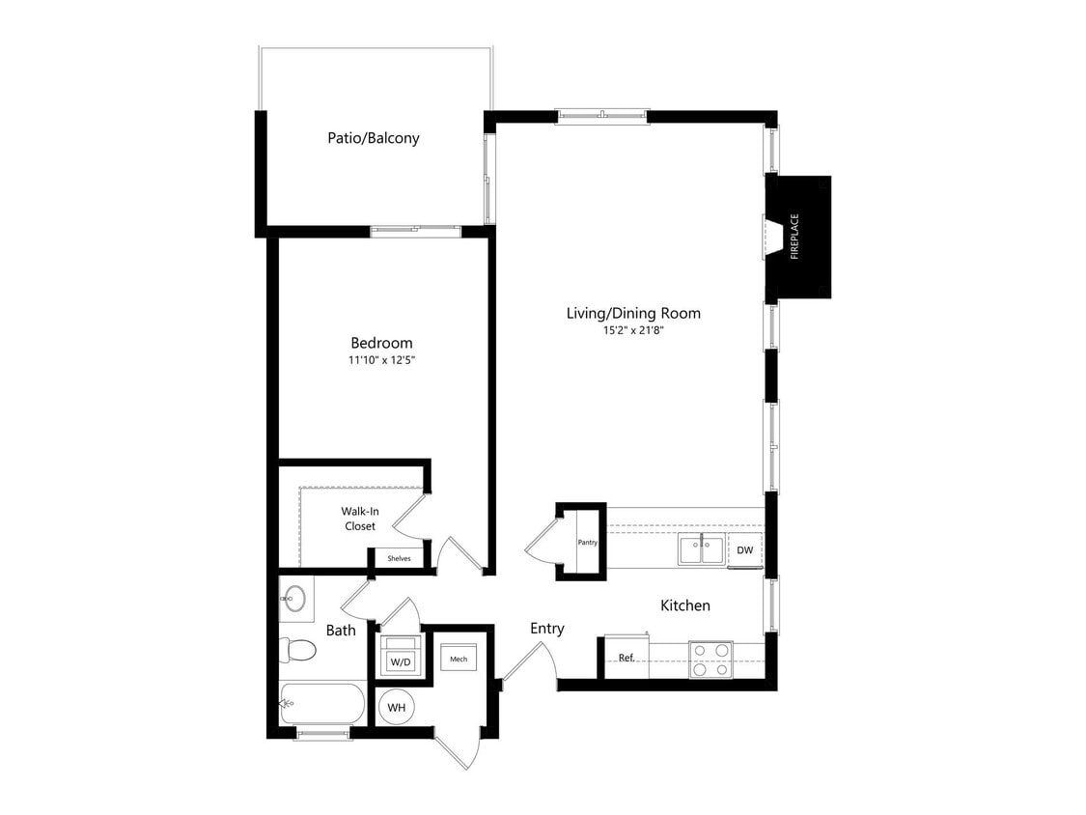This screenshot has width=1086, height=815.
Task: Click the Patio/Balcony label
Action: point(373,138)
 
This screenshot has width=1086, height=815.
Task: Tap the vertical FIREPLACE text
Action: point(794,237)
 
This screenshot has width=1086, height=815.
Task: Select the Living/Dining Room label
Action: point(632,313)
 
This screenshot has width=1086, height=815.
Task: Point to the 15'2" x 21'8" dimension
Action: point(632,330)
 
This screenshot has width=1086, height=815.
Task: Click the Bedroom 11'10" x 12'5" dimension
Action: point(380,360)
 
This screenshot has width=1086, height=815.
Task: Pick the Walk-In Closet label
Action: point(358,519)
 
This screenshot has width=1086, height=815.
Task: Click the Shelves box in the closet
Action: point(399,558)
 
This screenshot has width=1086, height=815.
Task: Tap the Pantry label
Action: point(587,543)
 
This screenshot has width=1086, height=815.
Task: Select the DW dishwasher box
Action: point(744,550)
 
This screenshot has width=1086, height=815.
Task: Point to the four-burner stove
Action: point(710,659)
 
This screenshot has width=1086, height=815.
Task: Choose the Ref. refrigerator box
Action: point(626,658)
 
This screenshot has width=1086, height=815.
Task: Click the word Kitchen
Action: point(684,605)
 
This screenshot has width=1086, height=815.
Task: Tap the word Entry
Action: point(546,629)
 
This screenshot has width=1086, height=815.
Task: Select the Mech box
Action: point(459,660)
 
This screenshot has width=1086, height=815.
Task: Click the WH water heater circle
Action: point(396,708)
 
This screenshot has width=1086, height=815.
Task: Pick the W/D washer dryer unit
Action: point(399,661)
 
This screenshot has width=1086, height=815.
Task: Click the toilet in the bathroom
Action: point(298,650)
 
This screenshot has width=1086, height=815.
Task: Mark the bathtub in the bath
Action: point(322,704)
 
